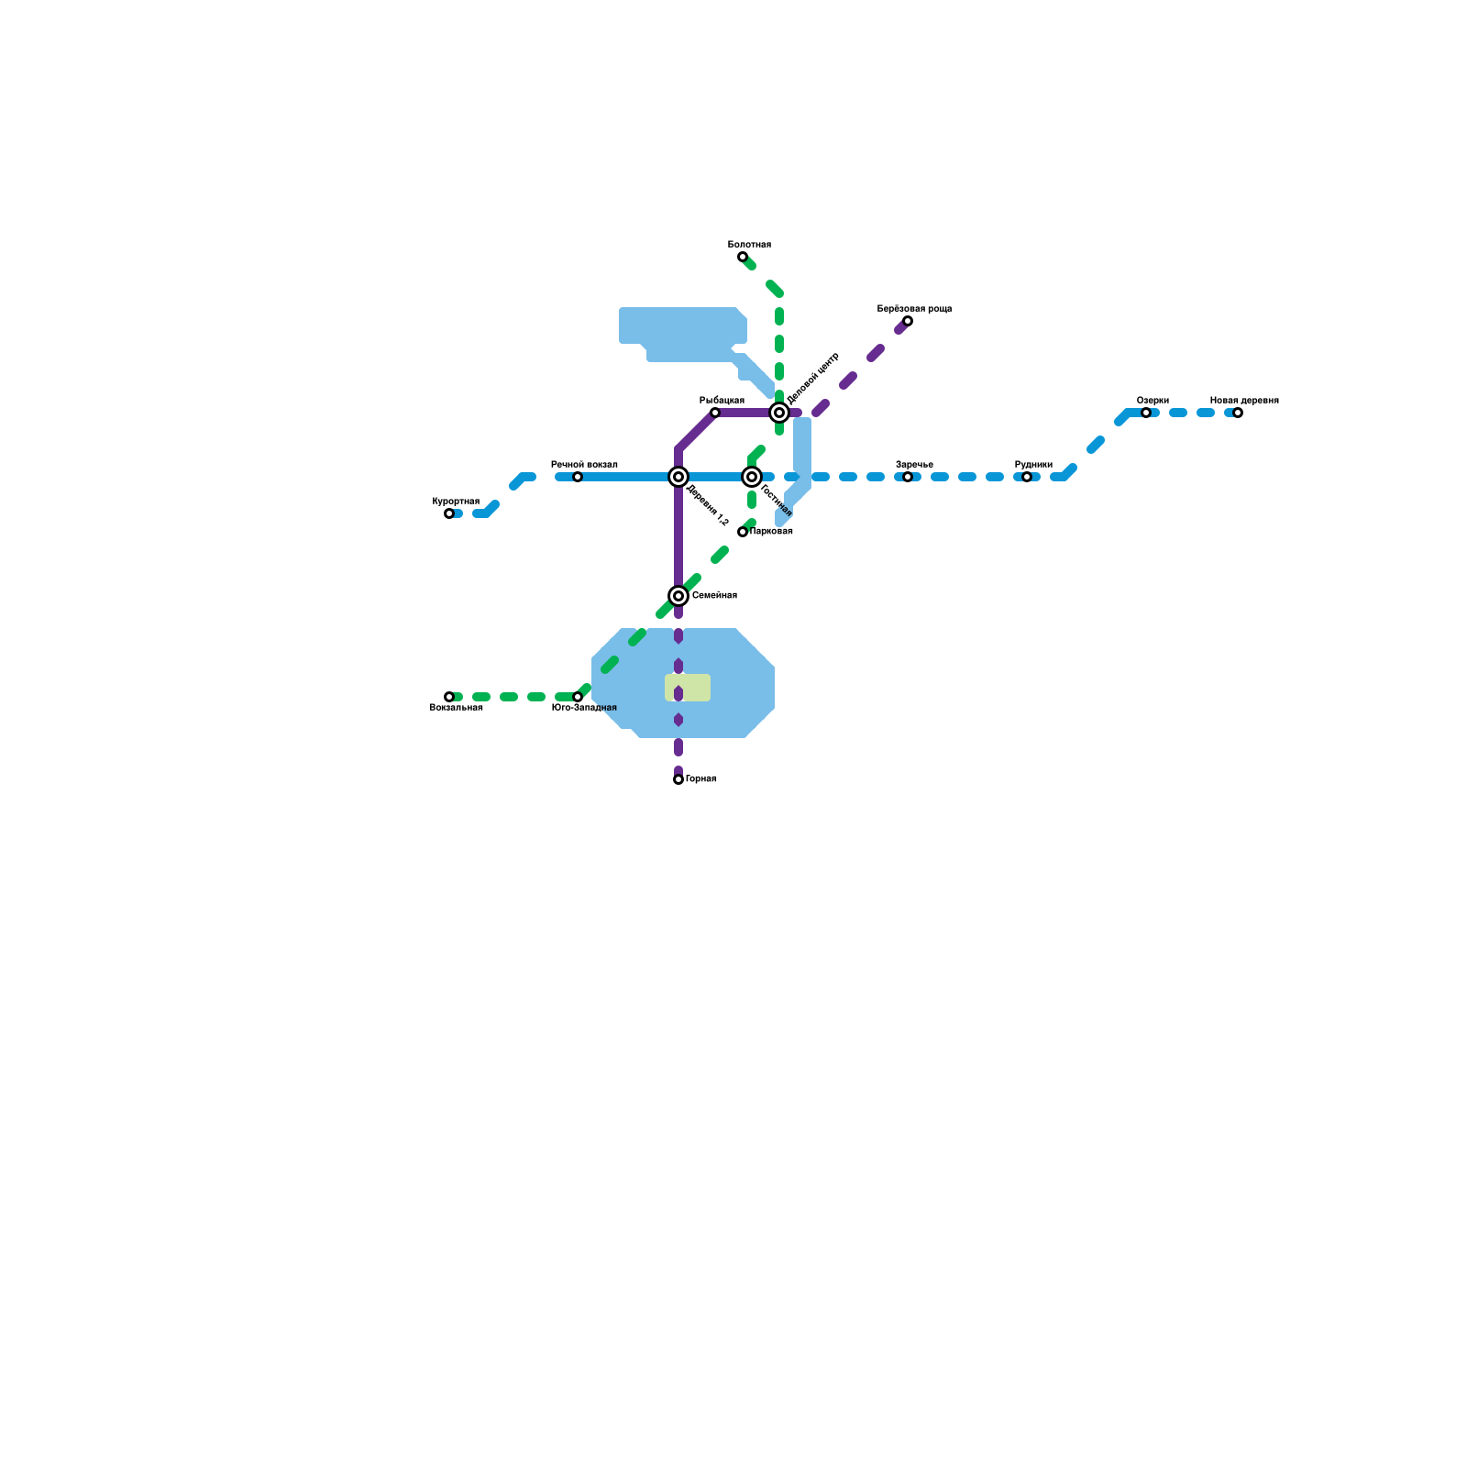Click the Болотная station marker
743,257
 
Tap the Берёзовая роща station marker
908,321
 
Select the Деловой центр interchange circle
779,413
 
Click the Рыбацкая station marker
715,413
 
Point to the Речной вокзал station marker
578,477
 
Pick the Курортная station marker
449,513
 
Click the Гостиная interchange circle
752,477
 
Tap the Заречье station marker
908,477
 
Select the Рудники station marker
1027,477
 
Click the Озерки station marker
1146,413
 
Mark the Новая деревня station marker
1238,413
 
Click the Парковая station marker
743,532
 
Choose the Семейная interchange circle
678,596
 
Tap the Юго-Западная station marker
578,697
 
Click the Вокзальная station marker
449,697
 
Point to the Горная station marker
678,779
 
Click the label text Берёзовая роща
914,309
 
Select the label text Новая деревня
1244,401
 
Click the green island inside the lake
688,688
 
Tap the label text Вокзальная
456,708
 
